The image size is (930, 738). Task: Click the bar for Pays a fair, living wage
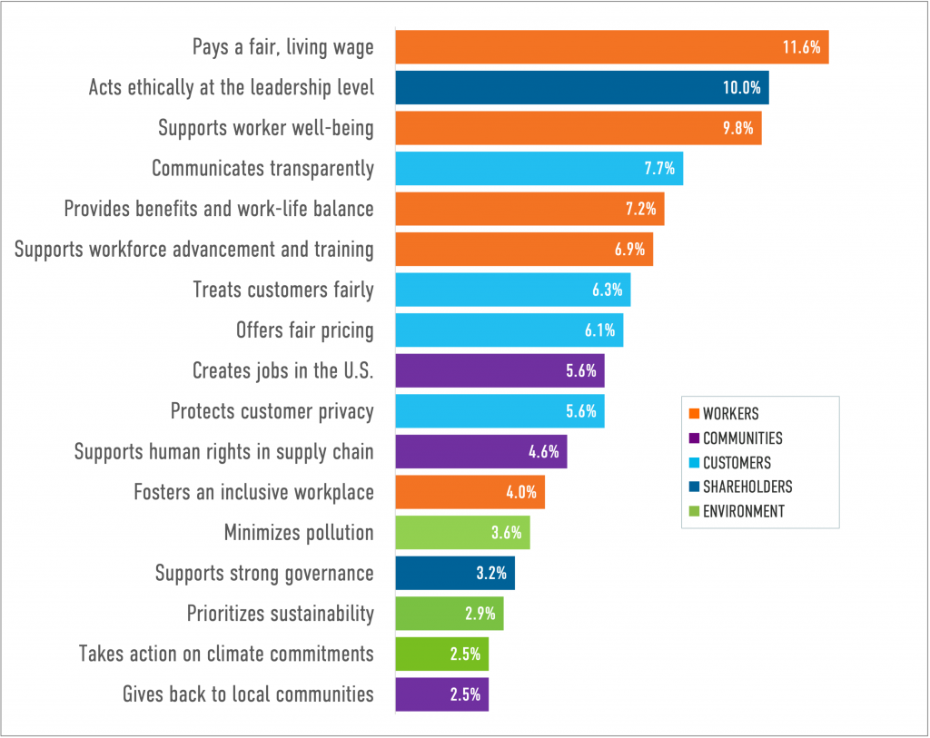611,47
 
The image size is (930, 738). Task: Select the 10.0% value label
741,88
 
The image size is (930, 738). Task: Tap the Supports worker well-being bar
579,128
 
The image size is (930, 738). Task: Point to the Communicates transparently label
262,168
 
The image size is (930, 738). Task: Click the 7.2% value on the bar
640,209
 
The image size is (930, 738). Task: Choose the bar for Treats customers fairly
513,290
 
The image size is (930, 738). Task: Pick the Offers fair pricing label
304,330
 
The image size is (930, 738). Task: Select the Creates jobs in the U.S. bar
500,370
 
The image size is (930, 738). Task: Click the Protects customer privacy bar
500,411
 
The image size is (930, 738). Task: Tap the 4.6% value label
543,451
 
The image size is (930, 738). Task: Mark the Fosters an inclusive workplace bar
470,492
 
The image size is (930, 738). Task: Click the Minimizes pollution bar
462,533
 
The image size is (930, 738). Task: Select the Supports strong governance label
264,573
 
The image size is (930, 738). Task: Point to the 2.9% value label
480,614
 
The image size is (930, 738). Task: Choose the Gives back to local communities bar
442,694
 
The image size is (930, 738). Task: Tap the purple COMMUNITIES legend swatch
694,438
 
